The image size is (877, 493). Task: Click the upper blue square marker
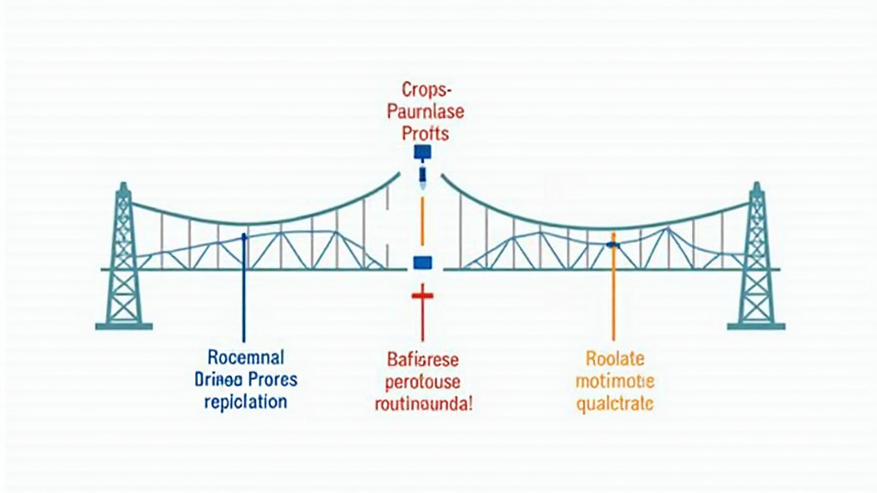click(423, 153)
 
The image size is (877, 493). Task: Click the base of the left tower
click(123, 325)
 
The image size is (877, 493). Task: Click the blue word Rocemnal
click(246, 357)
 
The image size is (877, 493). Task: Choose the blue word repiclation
click(246, 401)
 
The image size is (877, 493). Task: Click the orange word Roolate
click(614, 359)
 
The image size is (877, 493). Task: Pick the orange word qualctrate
click(614, 402)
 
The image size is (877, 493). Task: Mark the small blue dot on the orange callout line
click(612, 245)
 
